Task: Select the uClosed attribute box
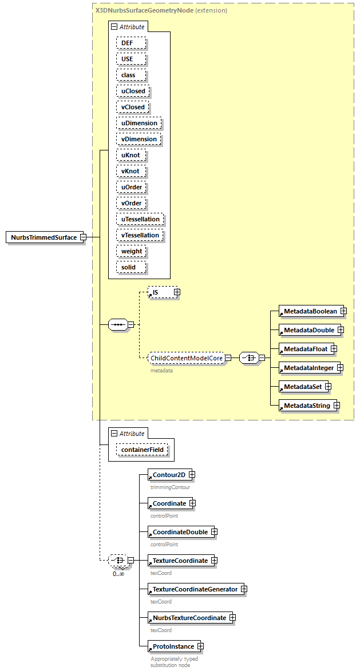[x=133, y=91]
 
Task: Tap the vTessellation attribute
[x=140, y=235]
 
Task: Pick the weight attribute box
[x=132, y=251]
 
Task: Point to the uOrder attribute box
[x=132, y=187]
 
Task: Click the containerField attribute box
[x=142, y=450]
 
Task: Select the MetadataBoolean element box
[x=309, y=311]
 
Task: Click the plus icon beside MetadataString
[x=337, y=406]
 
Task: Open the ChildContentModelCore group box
[x=186, y=358]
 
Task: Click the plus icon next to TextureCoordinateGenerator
[x=243, y=589]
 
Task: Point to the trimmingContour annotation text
[x=170, y=487]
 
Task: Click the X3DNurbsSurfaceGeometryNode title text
[x=144, y=10]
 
